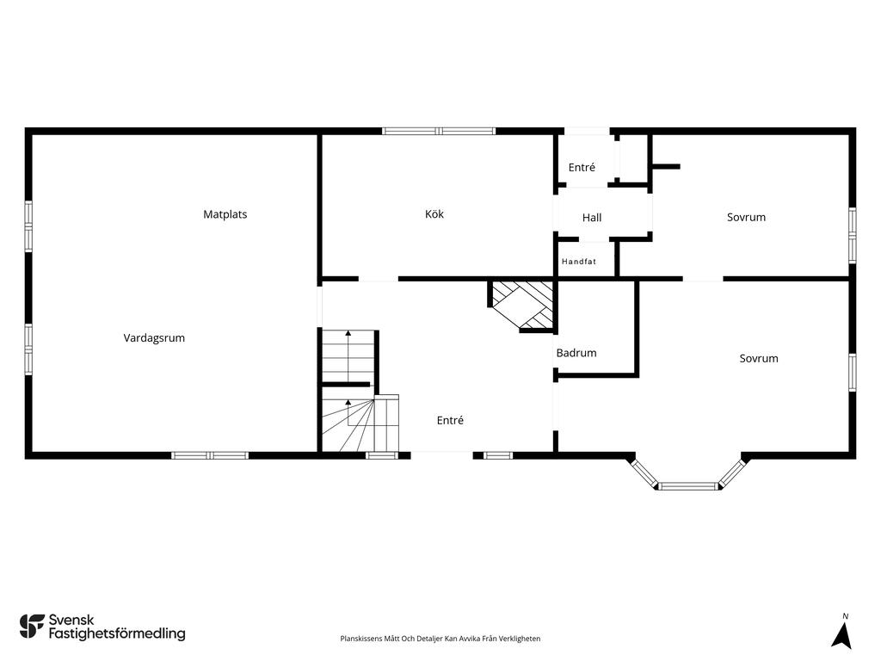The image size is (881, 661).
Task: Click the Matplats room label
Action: click(225, 214)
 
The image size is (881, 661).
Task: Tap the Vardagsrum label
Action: click(154, 337)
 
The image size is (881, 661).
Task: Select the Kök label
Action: click(434, 214)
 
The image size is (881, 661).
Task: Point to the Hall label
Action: click(592, 218)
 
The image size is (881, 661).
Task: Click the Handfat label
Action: click(579, 262)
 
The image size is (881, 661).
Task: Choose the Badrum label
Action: click(576, 353)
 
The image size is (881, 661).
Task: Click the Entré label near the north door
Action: click(582, 167)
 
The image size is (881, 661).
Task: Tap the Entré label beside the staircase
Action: click(450, 420)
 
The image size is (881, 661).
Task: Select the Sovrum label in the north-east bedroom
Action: click(746, 218)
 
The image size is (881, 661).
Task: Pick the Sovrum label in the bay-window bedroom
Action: click(759, 359)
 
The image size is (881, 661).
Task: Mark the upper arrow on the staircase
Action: click(348, 356)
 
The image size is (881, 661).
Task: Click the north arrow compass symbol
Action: click(841, 636)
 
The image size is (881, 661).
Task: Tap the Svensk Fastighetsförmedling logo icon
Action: click(32, 627)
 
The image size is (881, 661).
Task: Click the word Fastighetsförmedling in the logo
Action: click(117, 633)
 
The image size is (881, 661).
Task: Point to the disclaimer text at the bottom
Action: click(440, 639)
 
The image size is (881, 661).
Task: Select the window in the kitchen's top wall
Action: click(439, 131)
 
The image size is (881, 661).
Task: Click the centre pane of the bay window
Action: click(688, 485)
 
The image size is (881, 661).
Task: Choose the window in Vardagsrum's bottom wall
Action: click(210, 455)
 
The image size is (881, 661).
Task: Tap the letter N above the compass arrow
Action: click(845, 616)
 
